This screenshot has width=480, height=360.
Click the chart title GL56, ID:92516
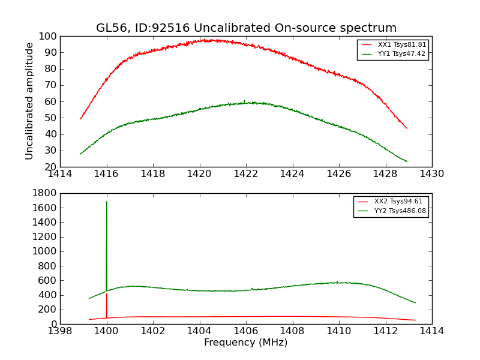[x=246, y=28]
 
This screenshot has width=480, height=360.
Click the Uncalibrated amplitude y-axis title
[x=29, y=101]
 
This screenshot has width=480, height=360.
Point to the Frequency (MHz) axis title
[x=246, y=343]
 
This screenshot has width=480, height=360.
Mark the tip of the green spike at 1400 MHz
[x=107, y=202]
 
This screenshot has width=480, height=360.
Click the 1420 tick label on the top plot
[x=200, y=174]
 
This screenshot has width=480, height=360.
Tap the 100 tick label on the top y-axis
[x=48, y=36]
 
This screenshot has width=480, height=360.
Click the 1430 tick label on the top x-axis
[x=432, y=174]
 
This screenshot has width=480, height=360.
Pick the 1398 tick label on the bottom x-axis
[x=61, y=331]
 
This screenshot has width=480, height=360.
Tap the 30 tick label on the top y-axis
[x=50, y=151]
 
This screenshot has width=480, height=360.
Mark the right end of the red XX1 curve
[x=407, y=128]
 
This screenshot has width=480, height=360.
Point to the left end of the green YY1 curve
[x=80, y=154]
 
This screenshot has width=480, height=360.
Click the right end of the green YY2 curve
[x=415, y=302]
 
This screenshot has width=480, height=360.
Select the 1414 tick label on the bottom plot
[x=432, y=331]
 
